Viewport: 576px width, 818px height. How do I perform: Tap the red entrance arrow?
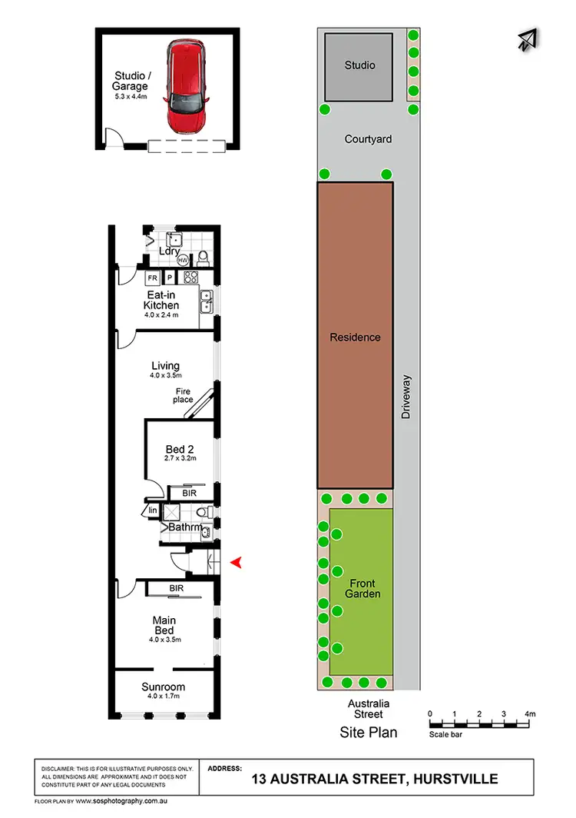pos(237,564)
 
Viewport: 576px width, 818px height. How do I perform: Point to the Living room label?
pos(165,366)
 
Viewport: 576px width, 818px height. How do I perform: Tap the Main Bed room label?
pos(163,625)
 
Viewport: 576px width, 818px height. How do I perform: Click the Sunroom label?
pos(163,687)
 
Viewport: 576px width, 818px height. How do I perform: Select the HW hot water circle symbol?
pos(183,261)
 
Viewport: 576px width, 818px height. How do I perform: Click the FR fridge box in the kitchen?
pos(153,277)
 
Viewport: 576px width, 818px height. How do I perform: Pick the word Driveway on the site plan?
pos(407,397)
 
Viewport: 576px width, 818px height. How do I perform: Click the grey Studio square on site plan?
pos(360,66)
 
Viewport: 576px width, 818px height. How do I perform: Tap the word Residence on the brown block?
pos(355,337)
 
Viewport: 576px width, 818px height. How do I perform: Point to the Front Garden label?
pos(364,588)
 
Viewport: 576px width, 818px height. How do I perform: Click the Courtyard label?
pos(368,139)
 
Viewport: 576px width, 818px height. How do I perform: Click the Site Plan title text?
pos(369,733)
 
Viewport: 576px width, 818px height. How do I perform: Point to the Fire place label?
pos(183,395)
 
